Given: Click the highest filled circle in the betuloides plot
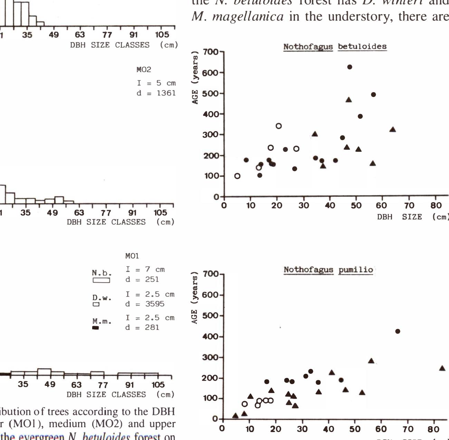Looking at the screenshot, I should tap(350, 67).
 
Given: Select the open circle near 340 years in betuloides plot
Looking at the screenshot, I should tap(279, 126).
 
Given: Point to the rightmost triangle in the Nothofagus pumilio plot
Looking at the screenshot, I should tap(442, 368).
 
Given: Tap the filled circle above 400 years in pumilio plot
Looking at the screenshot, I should tap(398, 331).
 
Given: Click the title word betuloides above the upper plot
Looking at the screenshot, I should tap(362, 47).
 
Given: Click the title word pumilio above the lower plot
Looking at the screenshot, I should tap(356, 270).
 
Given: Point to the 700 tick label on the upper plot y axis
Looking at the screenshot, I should tap(210, 52).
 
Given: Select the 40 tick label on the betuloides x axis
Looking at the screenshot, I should tap(330, 206).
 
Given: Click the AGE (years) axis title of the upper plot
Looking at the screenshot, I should tap(195, 77).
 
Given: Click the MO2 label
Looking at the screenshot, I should tap(144, 70).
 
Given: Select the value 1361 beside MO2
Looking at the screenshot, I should tap(166, 93).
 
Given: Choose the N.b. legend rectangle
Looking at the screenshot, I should tap(101, 281).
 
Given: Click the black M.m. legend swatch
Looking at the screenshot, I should tap(96, 328).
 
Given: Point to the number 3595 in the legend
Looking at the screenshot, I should tap(154, 304).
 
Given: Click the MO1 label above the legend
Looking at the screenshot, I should tap(132, 256).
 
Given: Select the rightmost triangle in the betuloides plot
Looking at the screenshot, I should tap(392, 130).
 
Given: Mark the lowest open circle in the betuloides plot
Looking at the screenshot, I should tap(237, 176).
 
